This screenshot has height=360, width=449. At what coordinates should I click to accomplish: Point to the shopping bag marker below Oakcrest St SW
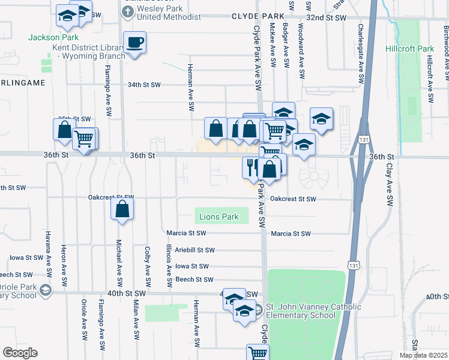[x=122, y=209]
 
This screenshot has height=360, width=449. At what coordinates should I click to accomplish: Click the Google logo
[x=20, y=353]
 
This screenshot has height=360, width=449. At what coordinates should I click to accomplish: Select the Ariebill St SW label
[x=193, y=250]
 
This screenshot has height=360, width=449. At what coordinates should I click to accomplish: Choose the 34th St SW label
[x=144, y=85]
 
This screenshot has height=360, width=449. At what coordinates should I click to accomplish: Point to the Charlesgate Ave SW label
[x=361, y=54]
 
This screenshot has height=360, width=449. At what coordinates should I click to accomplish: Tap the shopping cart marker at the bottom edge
[x=258, y=353]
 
